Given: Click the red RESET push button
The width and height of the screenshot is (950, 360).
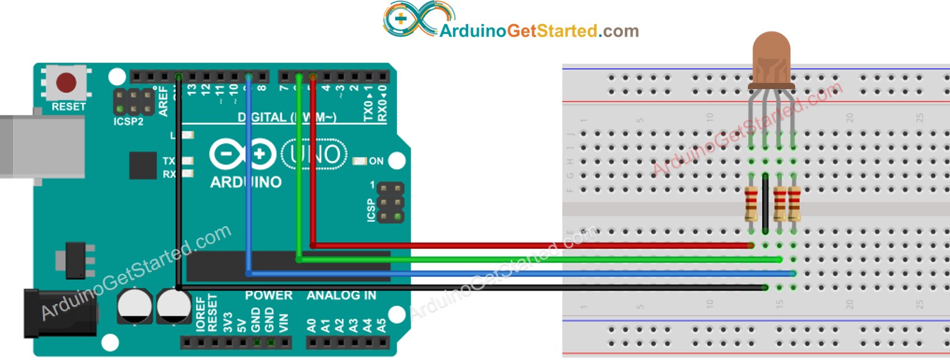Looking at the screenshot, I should (x=66, y=83).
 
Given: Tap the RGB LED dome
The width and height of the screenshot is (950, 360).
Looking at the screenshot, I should (x=771, y=57).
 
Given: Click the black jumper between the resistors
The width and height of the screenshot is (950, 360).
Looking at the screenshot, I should (x=765, y=203).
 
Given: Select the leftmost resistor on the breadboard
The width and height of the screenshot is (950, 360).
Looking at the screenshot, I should (x=751, y=203).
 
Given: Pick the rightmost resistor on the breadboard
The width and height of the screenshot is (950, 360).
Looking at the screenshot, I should (x=794, y=203).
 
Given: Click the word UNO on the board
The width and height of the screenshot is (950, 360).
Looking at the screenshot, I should (x=314, y=155).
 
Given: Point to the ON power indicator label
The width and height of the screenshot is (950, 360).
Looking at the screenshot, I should (x=376, y=161).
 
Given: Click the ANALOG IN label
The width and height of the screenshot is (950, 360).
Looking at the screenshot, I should (x=341, y=295).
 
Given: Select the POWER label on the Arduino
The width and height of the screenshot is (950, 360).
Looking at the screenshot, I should (x=268, y=295).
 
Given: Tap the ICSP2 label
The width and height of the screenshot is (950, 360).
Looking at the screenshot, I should (x=129, y=121).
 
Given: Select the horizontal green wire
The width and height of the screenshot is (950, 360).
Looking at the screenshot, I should (x=538, y=260).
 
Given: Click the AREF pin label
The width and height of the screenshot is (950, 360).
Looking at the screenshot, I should (x=163, y=101).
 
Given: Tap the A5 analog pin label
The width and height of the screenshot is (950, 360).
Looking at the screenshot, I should (x=381, y=325).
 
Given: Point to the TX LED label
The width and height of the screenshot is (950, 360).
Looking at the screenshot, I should (x=169, y=161).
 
